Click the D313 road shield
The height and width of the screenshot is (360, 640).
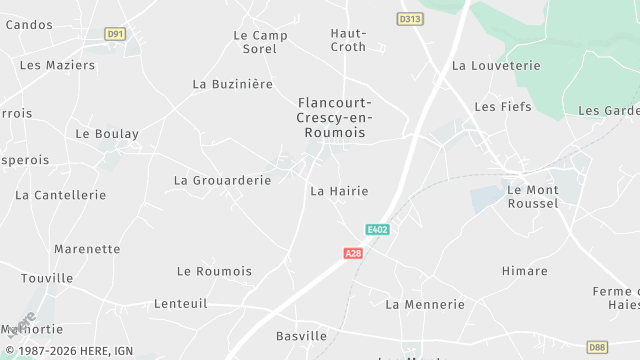[x=410, y=19]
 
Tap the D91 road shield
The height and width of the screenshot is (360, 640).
[x=116, y=34]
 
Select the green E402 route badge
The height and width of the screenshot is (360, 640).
[x=377, y=229]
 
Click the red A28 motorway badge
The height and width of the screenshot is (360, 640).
[x=353, y=254]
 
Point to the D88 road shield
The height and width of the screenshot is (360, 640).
[x=597, y=347]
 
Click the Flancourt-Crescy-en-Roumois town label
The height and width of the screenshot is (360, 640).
[x=335, y=117]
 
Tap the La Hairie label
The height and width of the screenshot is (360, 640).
[x=339, y=191]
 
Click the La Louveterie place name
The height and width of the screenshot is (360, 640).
[x=496, y=66]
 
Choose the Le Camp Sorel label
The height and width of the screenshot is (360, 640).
[x=260, y=42]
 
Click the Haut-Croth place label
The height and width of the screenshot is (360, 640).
[x=348, y=40]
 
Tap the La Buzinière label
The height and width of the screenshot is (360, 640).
[x=232, y=85]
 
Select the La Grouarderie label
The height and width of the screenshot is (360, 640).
[x=222, y=181]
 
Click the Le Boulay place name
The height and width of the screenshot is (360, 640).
[x=107, y=134]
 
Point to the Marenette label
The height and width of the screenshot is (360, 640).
[x=87, y=249]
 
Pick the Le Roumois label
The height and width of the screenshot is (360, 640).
[x=214, y=271]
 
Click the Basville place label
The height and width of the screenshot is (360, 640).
[x=301, y=336]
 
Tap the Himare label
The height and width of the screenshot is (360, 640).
[x=524, y=271]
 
